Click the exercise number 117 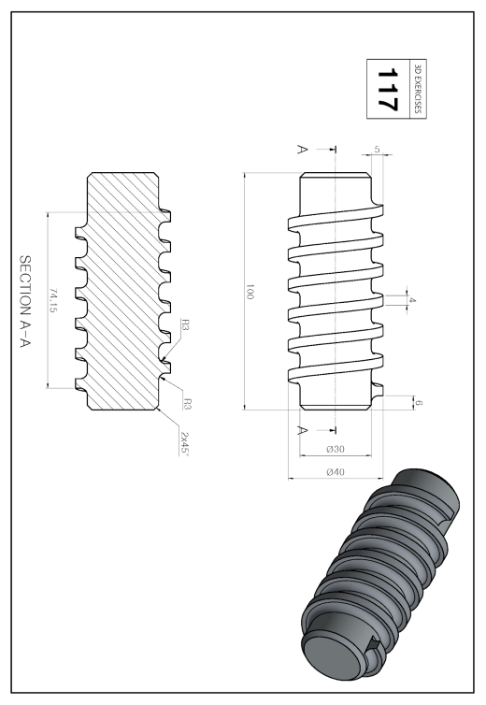[387, 89]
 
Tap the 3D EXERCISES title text [418, 89]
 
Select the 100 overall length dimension [250, 292]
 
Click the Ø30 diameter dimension [336, 449]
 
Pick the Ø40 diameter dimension [336, 472]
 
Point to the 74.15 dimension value [53, 300]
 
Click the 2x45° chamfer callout [184, 444]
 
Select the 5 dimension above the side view [378, 150]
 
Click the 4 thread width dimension [412, 299]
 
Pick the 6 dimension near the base [419, 403]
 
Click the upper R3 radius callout [185, 324]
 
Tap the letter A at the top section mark [303, 149]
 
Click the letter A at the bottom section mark [303, 431]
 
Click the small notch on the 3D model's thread [372, 646]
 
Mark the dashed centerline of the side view [336, 290]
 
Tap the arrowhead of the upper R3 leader [164, 360]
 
